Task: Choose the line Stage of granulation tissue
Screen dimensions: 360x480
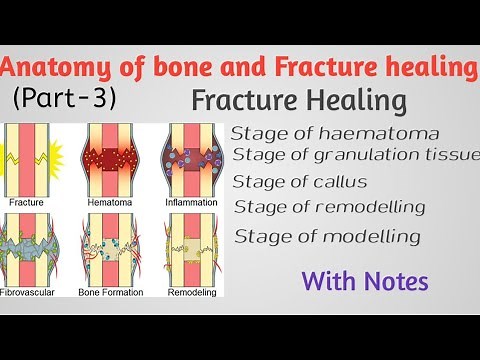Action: (356, 154)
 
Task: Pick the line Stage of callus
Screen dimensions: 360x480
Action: (300, 181)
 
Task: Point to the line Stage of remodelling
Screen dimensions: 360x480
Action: (329, 207)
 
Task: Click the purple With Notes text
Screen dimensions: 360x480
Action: (369, 281)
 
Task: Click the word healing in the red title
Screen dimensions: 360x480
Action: (432, 68)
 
